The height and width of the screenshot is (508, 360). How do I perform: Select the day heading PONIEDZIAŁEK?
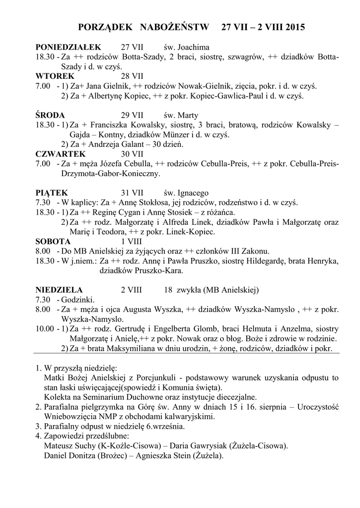point(68,48)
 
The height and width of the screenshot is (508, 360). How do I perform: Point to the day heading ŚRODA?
point(51,116)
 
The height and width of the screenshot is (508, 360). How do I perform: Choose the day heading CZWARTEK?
point(61,154)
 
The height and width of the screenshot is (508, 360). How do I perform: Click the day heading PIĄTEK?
point(52,193)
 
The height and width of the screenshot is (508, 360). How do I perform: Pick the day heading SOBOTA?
point(53,241)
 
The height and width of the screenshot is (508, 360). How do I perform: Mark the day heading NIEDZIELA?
point(59,290)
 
